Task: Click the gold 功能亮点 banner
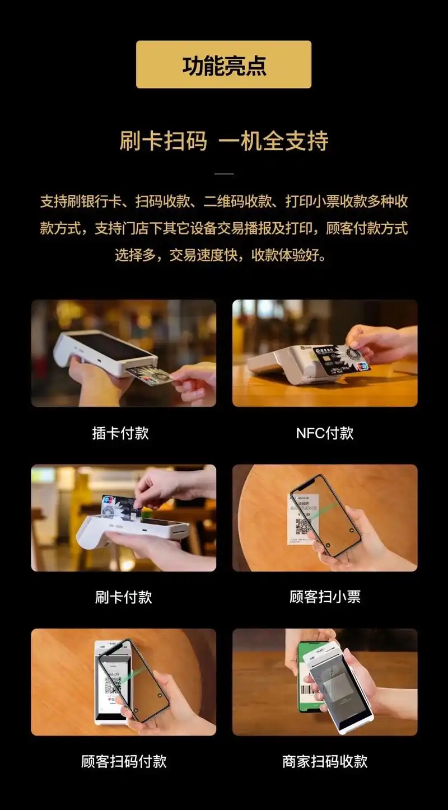click(223, 64)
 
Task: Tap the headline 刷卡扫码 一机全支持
click(223, 141)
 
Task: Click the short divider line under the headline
click(224, 174)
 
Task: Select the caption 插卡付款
click(120, 433)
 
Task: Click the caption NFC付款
click(324, 433)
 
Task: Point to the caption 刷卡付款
click(123, 597)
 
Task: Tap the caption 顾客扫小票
click(325, 597)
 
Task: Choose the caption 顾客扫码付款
click(123, 761)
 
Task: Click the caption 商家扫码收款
click(325, 761)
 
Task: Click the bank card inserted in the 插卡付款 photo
click(148, 376)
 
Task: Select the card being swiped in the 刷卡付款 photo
click(119, 505)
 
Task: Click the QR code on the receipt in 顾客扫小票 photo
click(303, 527)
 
